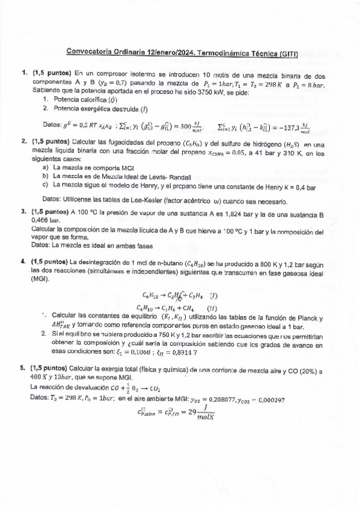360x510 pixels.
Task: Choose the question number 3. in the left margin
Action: pos(23,212)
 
